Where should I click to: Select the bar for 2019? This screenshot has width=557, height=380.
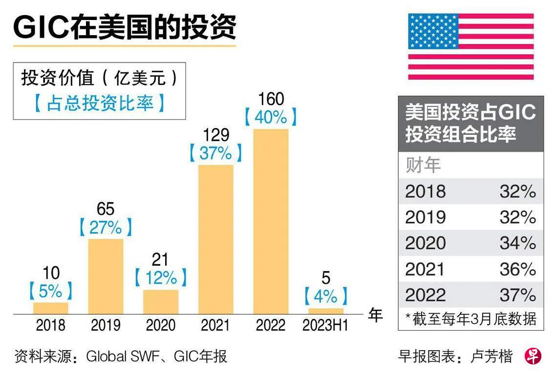click(106, 276)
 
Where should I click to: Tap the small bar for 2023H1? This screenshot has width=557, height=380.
click(326, 311)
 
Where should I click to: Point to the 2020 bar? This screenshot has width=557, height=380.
click(161, 301)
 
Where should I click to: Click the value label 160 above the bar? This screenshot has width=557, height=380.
click(271, 99)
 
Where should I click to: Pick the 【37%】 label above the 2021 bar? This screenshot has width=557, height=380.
click(215, 153)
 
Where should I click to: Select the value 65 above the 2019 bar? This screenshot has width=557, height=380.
click(106, 209)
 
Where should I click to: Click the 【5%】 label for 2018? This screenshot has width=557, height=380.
click(51, 291)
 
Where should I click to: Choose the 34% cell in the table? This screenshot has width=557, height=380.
click(517, 243)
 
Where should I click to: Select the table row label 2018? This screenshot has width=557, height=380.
click(425, 191)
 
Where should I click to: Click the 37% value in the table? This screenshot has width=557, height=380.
click(517, 295)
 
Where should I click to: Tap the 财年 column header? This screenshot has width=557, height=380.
click(423, 166)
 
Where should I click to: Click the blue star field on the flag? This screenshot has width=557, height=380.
click(433, 31)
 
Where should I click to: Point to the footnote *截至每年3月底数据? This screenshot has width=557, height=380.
click(471, 318)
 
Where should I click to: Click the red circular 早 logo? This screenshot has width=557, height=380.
click(533, 357)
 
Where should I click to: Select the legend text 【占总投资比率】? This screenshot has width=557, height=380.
click(99, 104)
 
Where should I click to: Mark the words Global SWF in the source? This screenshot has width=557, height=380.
click(122, 357)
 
